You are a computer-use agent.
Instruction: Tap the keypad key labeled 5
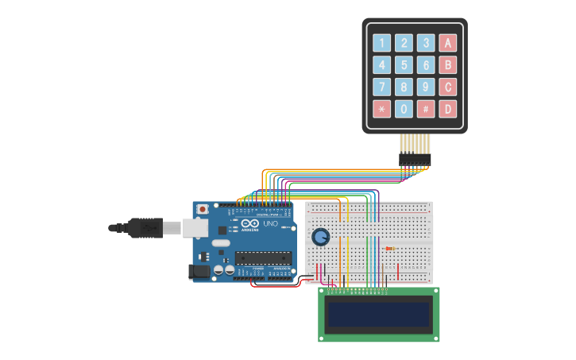(x=404, y=65)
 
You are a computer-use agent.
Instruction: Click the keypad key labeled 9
(x=427, y=87)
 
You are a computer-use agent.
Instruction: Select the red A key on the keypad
(x=449, y=43)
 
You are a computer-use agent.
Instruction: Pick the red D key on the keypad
(x=449, y=109)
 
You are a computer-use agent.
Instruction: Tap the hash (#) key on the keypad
(x=427, y=109)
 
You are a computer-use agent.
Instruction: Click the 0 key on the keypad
(x=404, y=109)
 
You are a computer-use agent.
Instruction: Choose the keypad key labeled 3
(x=427, y=43)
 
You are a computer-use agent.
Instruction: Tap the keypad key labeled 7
(x=382, y=87)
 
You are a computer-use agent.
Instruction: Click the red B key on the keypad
(x=449, y=65)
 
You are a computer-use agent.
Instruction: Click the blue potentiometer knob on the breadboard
(x=320, y=237)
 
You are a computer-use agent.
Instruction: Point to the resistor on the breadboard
(x=390, y=248)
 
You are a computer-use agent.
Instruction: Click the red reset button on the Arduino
(x=203, y=209)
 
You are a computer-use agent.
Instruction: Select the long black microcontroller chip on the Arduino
(x=259, y=256)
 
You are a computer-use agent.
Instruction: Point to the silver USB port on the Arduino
(x=195, y=228)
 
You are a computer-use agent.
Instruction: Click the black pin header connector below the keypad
(x=415, y=161)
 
